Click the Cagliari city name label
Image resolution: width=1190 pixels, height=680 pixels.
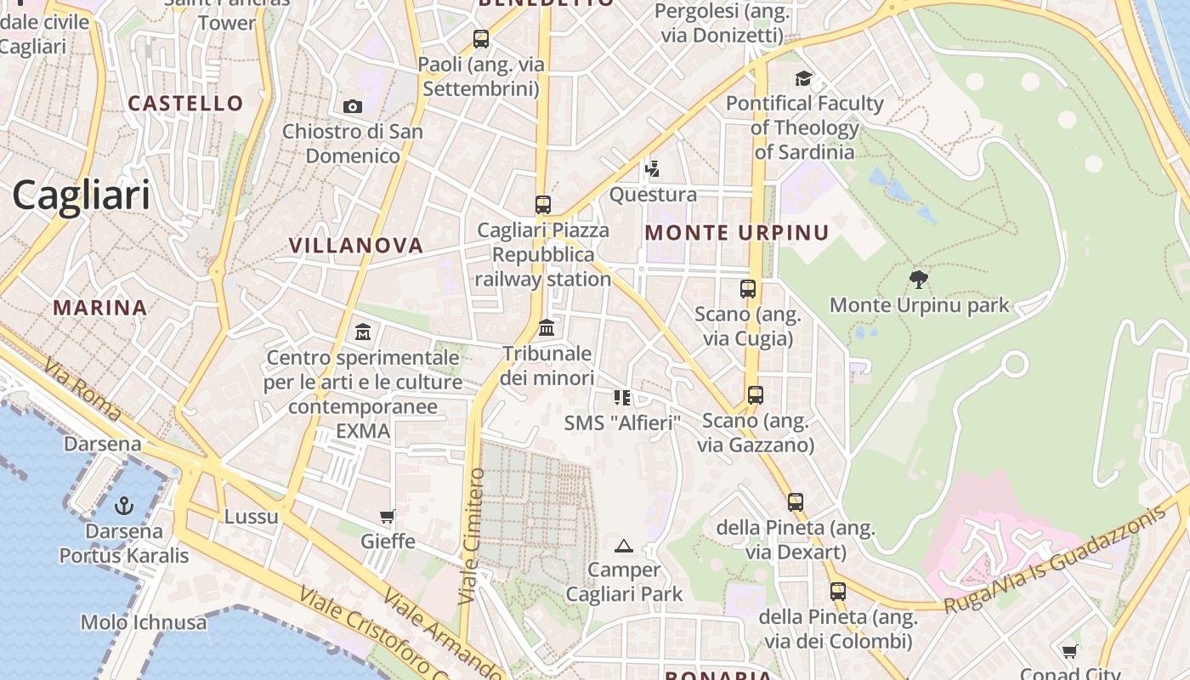(x=81, y=195)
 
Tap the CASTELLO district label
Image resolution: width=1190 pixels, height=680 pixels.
(x=185, y=104)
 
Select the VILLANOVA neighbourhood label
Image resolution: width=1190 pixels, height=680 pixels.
(x=355, y=246)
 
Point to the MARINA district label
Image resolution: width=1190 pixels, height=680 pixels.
(x=100, y=308)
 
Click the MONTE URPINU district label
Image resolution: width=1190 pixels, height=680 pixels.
(x=737, y=233)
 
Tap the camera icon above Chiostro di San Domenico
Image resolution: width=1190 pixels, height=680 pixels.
(x=353, y=106)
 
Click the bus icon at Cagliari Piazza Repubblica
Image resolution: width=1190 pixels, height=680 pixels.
(x=543, y=205)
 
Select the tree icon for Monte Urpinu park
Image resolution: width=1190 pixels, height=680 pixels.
(x=919, y=279)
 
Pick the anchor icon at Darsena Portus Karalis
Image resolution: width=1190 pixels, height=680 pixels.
(x=124, y=506)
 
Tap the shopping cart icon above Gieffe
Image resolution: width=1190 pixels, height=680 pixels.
(x=388, y=516)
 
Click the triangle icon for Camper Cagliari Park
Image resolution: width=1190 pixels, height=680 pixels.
(x=624, y=546)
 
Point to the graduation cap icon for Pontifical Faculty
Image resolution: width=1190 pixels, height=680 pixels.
(x=803, y=79)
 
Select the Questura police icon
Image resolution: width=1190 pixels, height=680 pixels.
(x=652, y=169)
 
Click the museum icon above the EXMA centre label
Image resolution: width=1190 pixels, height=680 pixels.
(x=363, y=331)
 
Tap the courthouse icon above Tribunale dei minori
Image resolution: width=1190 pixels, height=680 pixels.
(x=547, y=327)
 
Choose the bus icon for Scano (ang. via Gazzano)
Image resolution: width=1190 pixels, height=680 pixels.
(x=755, y=395)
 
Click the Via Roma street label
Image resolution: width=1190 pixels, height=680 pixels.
(x=82, y=391)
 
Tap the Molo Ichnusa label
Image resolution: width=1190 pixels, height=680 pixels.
(x=144, y=622)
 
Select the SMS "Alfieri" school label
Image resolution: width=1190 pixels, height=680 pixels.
(x=623, y=422)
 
